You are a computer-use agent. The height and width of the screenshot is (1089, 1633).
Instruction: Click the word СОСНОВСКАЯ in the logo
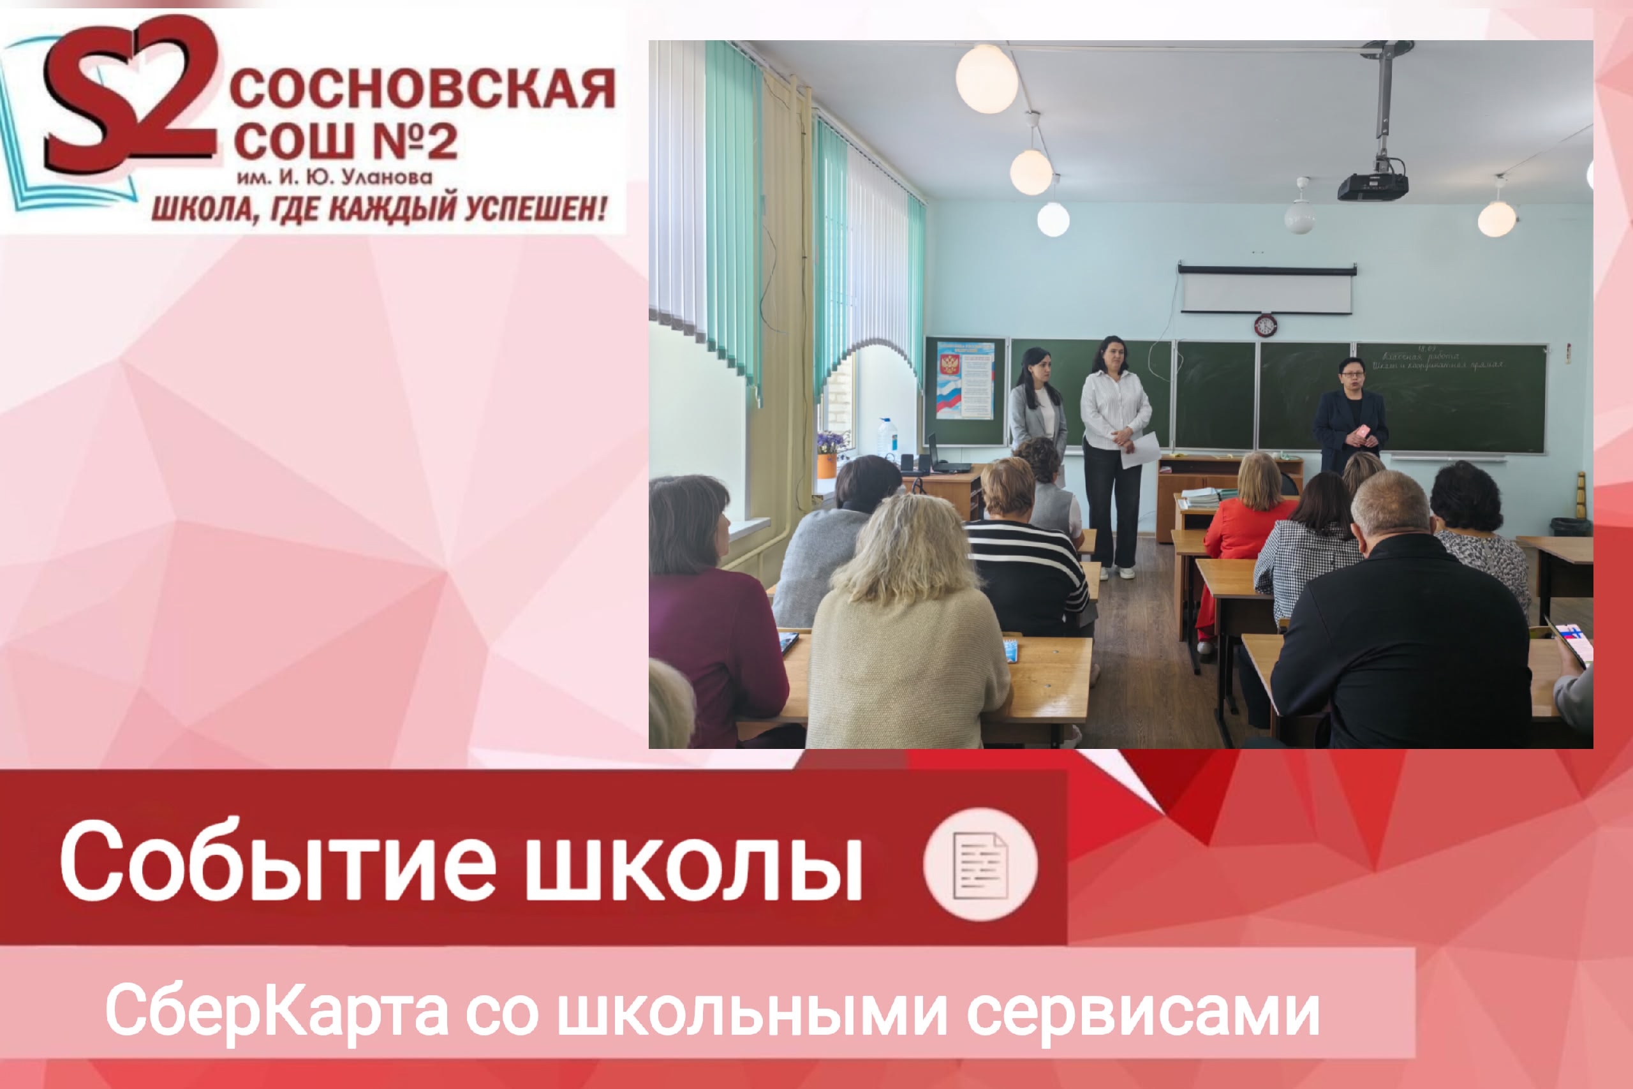[422, 89]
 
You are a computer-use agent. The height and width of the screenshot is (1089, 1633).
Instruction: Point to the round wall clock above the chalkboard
[1265, 324]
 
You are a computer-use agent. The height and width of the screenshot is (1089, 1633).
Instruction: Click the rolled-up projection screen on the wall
[1266, 290]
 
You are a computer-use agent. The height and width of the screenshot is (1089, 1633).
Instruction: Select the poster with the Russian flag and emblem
[965, 380]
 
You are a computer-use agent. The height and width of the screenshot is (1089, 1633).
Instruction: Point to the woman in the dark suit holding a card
[1349, 417]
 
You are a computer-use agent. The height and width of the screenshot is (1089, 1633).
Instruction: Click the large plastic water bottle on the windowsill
[887, 438]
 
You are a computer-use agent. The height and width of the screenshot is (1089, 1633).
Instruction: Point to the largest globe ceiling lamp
[986, 78]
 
